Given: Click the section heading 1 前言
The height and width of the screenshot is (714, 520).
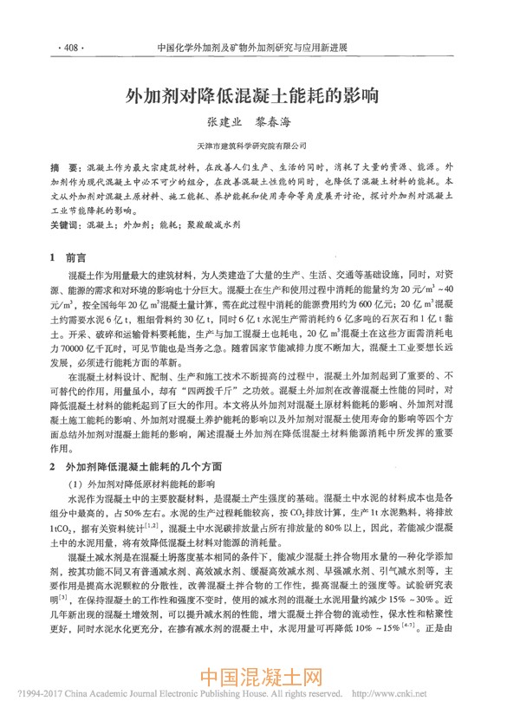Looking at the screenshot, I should pos(68,257).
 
